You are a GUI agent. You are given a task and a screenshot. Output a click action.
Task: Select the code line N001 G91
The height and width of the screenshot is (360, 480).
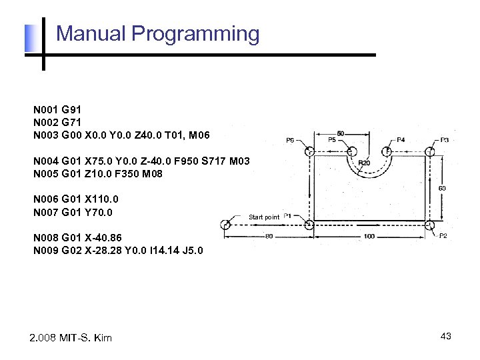pos(57,109)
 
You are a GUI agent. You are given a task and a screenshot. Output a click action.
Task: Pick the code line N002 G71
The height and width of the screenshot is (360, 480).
pos(57,122)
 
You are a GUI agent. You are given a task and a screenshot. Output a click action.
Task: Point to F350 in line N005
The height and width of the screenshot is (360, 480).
pos(123,174)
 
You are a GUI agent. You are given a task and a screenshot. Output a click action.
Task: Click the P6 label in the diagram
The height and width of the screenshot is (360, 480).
pos(291,141)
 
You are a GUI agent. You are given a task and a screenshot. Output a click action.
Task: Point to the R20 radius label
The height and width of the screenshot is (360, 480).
pos(365,163)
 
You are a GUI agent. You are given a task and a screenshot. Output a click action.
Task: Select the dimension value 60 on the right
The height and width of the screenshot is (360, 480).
pos(442,189)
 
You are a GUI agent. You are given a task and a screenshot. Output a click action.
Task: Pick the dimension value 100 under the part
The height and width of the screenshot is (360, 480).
pos(369,236)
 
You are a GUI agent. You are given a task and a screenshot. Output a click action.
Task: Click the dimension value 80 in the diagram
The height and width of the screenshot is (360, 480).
pos(269,236)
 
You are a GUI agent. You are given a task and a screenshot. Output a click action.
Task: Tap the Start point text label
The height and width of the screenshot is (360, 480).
pos(264,217)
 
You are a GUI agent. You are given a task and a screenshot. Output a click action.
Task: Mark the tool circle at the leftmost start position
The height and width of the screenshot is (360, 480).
pos(225,225)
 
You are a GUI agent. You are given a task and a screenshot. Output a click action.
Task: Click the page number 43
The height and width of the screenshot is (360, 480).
pos(446,337)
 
